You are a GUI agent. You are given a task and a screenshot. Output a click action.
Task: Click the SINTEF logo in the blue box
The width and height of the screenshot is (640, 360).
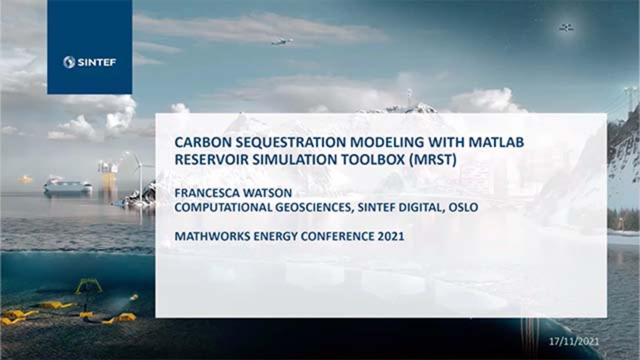pos(89,62)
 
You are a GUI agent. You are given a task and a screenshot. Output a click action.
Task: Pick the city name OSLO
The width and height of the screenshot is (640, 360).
pos(463,207)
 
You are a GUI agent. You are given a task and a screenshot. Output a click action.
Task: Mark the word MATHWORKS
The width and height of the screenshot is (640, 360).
pos(206,236)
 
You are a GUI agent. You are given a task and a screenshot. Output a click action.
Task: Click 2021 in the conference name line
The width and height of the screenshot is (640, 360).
pos(391,236)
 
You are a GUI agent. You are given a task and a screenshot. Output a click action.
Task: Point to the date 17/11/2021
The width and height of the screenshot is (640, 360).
pos(573,341)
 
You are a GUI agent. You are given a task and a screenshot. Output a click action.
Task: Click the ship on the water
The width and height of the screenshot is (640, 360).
pos(67,186)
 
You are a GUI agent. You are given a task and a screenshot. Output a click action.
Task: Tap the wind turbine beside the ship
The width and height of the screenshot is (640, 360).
pos(139,172)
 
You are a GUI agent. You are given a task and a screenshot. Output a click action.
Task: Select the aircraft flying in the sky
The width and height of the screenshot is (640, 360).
pos(282,41)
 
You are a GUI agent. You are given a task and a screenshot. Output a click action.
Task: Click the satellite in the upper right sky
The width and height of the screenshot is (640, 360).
pos(566,27)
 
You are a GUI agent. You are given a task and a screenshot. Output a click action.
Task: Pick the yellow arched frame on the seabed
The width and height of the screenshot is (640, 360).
pos(88,285)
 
